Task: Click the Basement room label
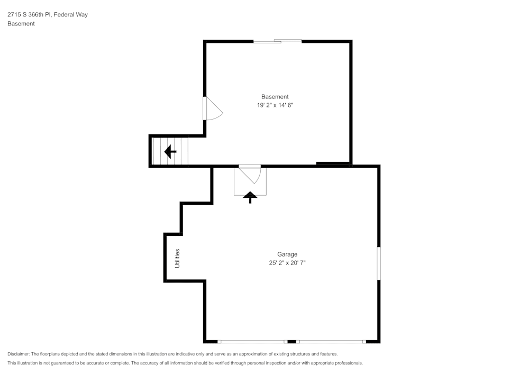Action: [275, 97]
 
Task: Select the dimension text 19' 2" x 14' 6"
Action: [275, 105]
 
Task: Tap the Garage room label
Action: [287, 254]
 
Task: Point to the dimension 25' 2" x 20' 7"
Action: [287, 263]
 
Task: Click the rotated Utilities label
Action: [178, 258]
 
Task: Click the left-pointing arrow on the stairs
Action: [170, 152]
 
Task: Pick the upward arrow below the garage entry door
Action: [250, 197]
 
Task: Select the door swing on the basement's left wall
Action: [213, 109]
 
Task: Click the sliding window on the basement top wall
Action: [277, 41]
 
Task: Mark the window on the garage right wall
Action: [378, 263]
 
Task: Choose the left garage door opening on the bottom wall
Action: [252, 342]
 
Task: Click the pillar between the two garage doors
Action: [291, 342]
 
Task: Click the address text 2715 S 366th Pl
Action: [32, 15]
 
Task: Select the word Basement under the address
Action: [21, 24]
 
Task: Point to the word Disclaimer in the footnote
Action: [19, 354]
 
